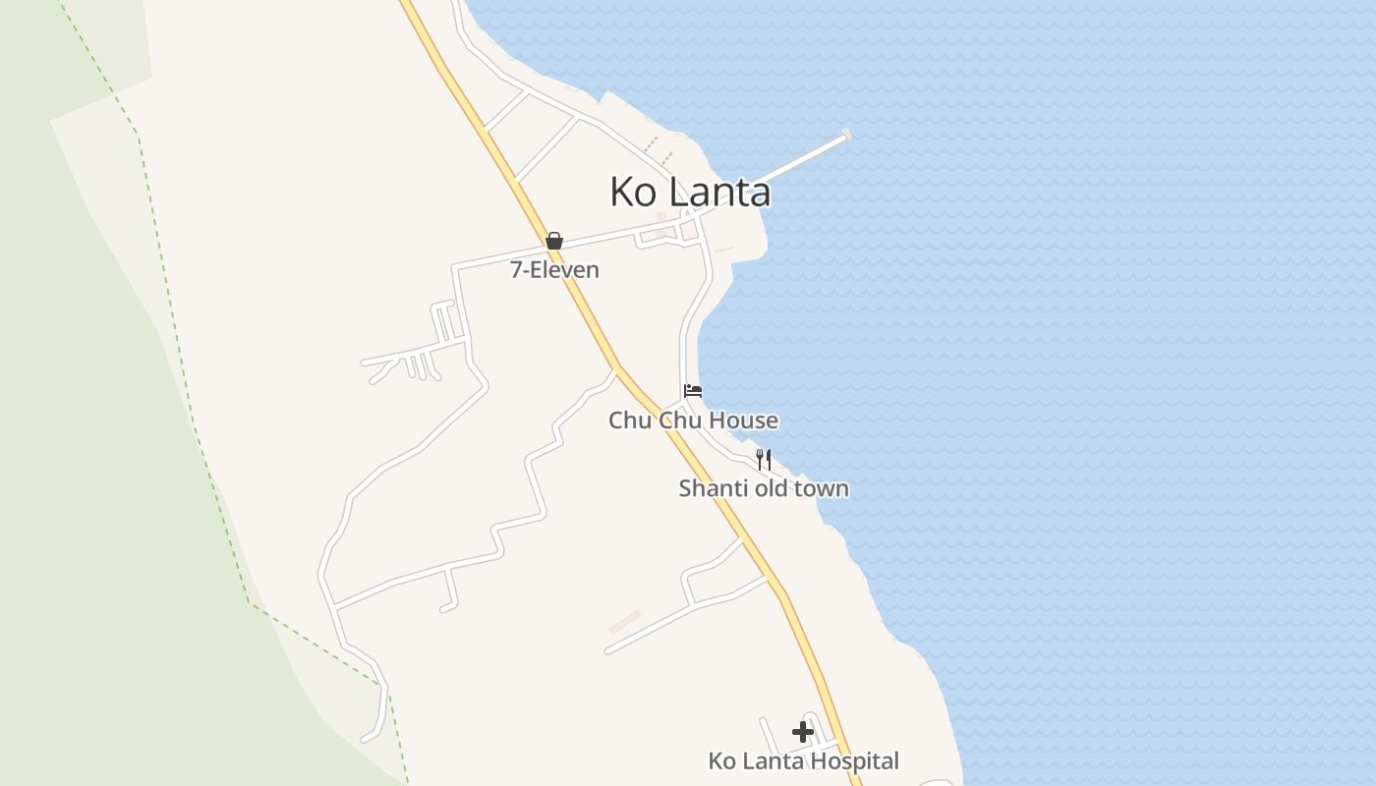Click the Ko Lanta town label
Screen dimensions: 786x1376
[690, 192]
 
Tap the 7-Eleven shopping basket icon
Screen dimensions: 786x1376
[554, 241]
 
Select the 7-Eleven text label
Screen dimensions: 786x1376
[554, 270]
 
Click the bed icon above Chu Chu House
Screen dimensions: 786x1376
[693, 390]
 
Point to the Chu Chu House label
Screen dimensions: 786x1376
[693, 421]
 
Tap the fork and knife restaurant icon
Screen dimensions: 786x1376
[763, 459]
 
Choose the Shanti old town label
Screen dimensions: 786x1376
[764, 488]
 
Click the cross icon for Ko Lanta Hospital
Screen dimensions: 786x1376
[803, 731]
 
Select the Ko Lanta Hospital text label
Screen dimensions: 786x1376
[803, 761]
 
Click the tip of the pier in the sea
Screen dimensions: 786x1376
[845, 134]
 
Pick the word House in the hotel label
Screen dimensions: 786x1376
[744, 421]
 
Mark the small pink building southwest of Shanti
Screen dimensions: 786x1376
[624, 622]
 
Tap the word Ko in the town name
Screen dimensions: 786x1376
[633, 192]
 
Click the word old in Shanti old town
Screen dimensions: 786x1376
[767, 488]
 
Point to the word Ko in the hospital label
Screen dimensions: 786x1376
[721, 761]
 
